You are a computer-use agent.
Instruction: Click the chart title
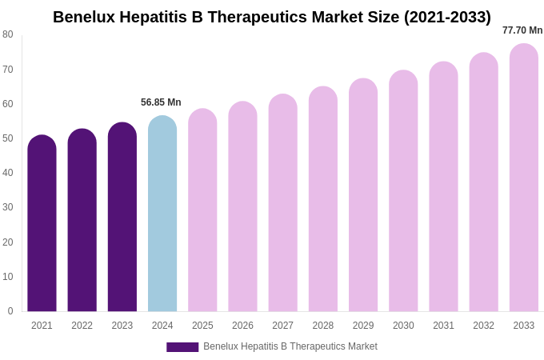tap(272, 17)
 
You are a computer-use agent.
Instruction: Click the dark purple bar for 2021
tap(42, 224)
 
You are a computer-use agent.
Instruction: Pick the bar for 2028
tap(323, 199)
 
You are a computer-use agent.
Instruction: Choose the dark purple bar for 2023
tap(122, 218)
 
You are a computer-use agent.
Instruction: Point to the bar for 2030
tap(403, 191)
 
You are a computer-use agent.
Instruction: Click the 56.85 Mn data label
tap(161, 102)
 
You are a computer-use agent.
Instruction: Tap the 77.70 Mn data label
tap(522, 30)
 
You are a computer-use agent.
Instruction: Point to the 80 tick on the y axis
tap(8, 34)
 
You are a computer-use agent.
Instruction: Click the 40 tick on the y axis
tap(8, 173)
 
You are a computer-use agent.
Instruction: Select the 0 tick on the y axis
tap(10, 311)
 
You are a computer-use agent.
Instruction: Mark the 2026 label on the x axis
tap(242, 326)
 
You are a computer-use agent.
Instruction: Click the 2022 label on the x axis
tap(82, 326)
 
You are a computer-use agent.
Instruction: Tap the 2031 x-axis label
tap(443, 326)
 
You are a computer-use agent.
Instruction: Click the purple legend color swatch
tap(182, 347)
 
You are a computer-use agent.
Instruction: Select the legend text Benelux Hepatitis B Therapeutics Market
tap(290, 346)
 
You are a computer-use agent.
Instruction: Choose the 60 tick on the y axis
tap(8, 104)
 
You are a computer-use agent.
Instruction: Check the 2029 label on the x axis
tap(363, 326)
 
